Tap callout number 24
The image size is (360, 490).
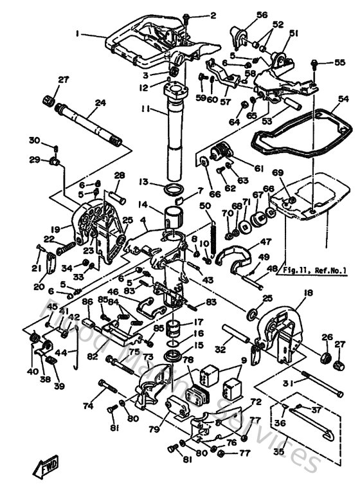pyautogui.click(x=100, y=102)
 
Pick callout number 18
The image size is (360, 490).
pyautogui.click(x=308, y=293)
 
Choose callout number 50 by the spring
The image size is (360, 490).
pyautogui.click(x=205, y=206)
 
